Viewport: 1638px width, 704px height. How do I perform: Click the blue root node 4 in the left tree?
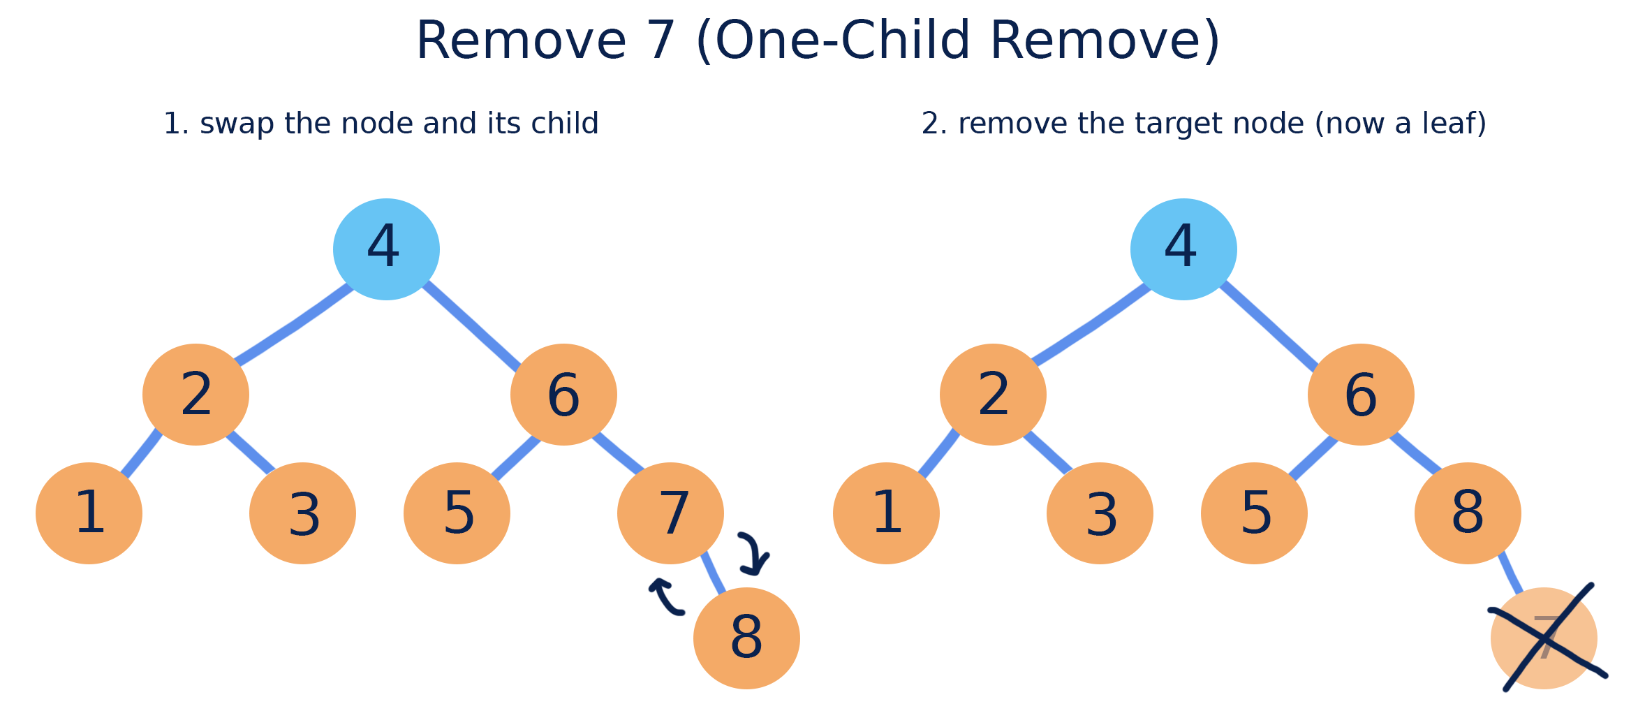pyautogui.click(x=386, y=249)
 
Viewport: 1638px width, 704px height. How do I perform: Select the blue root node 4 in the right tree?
pyautogui.click(x=1183, y=249)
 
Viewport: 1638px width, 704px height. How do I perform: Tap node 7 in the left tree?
pyautogui.click(x=670, y=513)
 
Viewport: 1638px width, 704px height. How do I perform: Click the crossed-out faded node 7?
pyautogui.click(x=1544, y=638)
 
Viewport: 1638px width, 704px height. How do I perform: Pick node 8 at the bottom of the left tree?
pyautogui.click(x=746, y=638)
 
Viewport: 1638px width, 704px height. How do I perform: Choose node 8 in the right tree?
pyautogui.click(x=1468, y=513)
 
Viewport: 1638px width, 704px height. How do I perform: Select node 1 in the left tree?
pyautogui.click(x=89, y=513)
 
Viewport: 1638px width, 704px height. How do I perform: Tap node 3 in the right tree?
pyautogui.click(x=1100, y=513)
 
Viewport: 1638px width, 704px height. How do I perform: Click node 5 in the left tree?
pyautogui.click(x=457, y=513)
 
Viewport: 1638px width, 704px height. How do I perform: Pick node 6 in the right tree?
pyautogui.click(x=1361, y=395)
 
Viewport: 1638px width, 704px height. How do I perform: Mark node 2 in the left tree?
pyautogui.click(x=196, y=395)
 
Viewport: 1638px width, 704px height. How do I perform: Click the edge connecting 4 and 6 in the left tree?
pyautogui.click(x=472, y=325)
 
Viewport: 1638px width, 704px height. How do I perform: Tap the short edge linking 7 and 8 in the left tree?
pyautogui.click(x=714, y=573)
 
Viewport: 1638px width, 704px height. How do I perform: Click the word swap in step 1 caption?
pyautogui.click(x=237, y=124)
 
